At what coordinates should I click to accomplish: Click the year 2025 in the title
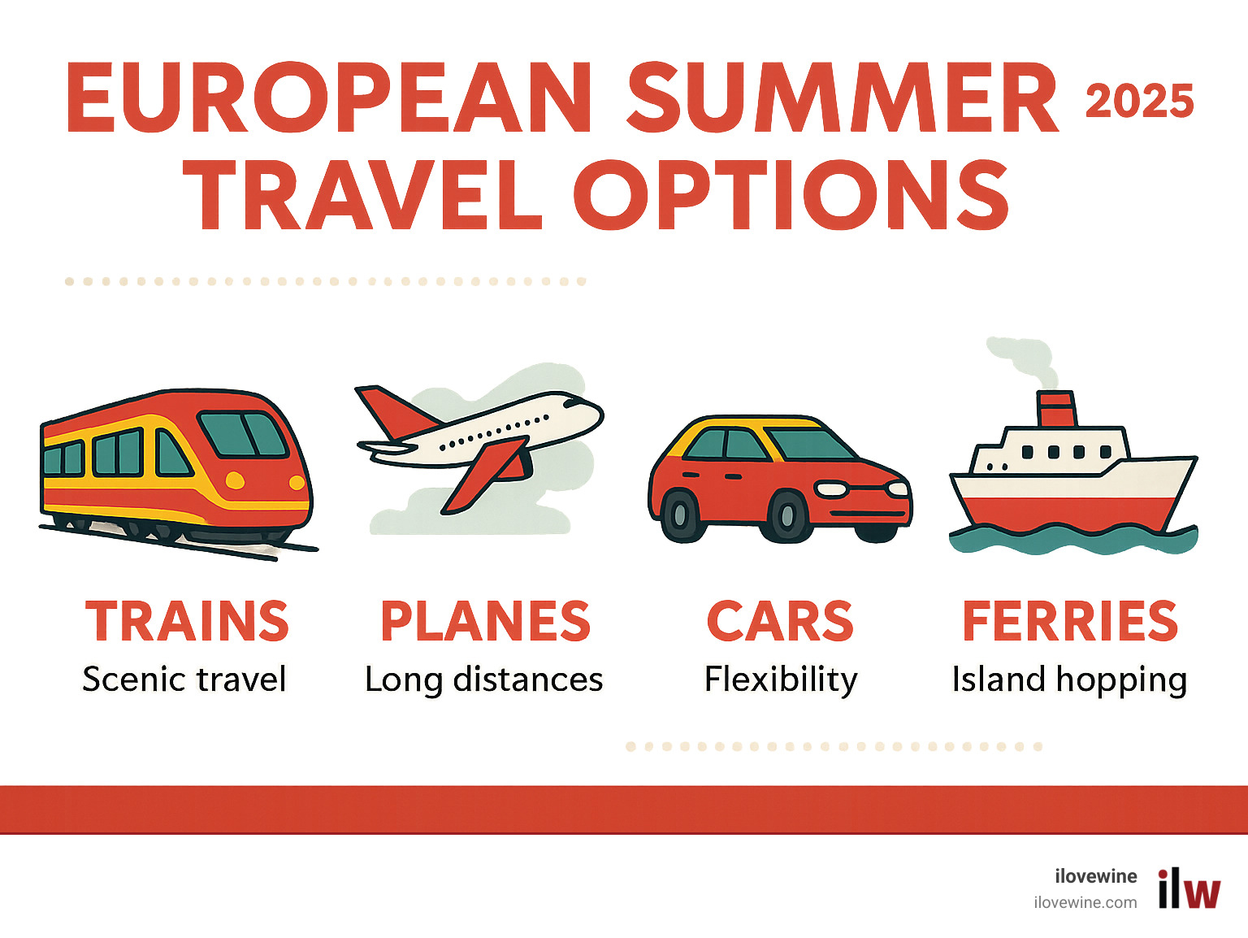[x=1139, y=102]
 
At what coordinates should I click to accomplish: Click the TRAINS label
[x=187, y=622]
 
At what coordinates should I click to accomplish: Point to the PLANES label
[x=485, y=622]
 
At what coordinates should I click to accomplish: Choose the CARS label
[x=780, y=622]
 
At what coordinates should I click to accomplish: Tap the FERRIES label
[x=1070, y=622]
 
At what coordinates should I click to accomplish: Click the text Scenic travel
[x=184, y=680]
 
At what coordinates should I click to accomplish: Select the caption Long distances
[x=484, y=680]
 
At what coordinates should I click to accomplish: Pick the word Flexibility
[x=781, y=680]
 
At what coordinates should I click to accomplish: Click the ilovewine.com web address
[x=1085, y=902]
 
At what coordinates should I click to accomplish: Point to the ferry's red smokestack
[x=1056, y=409]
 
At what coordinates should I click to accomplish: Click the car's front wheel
[x=787, y=515]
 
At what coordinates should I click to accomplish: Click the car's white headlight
[x=831, y=489]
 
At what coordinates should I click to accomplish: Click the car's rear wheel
[x=679, y=515]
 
